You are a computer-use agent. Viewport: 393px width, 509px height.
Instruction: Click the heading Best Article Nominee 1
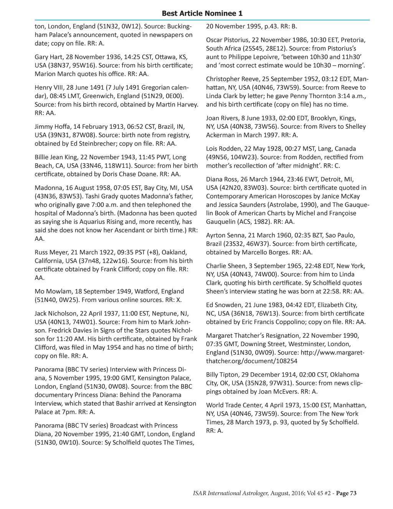[202, 13]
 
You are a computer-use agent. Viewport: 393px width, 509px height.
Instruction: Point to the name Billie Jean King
[56, 157]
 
